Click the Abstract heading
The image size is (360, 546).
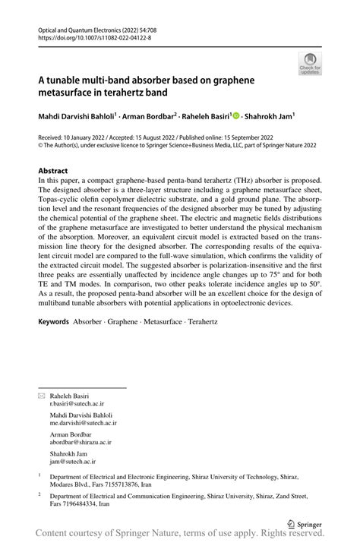(x=52, y=171)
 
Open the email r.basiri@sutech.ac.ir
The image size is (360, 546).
(x=77, y=406)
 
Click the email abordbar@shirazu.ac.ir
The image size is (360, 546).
(x=81, y=441)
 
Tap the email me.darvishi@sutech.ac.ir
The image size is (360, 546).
(x=81, y=424)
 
